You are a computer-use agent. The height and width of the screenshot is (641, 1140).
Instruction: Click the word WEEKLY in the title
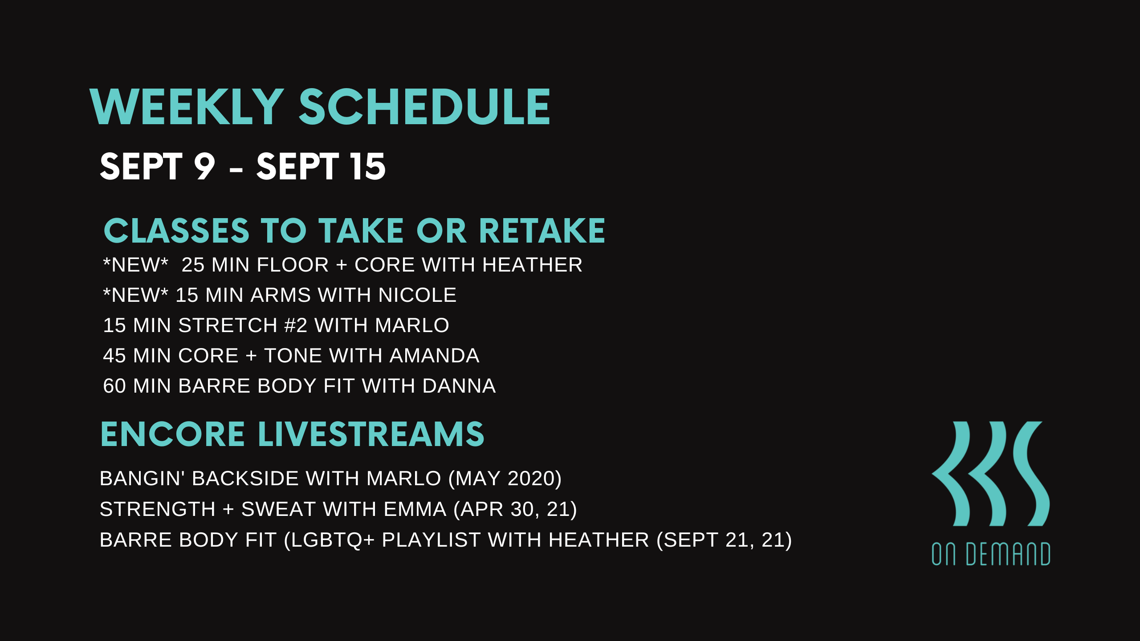(x=187, y=107)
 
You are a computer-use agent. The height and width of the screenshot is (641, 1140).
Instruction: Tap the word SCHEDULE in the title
(x=424, y=107)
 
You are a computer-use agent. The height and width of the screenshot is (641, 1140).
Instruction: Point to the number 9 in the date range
(x=204, y=166)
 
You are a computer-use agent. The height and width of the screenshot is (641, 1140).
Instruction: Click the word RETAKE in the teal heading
(x=542, y=231)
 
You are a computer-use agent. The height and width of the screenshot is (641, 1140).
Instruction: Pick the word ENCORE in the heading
(x=173, y=434)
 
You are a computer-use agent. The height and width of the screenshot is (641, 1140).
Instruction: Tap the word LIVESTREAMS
(x=371, y=434)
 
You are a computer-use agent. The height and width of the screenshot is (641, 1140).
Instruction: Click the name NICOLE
(x=417, y=295)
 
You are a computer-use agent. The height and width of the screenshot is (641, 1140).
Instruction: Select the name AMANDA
(x=434, y=356)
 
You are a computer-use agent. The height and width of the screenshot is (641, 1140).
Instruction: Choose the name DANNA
(x=459, y=386)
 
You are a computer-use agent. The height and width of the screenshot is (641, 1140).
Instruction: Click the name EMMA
(x=415, y=509)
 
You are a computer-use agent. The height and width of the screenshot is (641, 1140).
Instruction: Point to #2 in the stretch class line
(x=296, y=325)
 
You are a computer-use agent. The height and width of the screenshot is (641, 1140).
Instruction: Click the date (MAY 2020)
(x=505, y=479)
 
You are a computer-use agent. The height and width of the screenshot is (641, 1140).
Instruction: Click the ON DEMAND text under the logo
(x=991, y=554)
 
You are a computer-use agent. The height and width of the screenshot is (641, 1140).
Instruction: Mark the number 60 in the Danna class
(x=114, y=386)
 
